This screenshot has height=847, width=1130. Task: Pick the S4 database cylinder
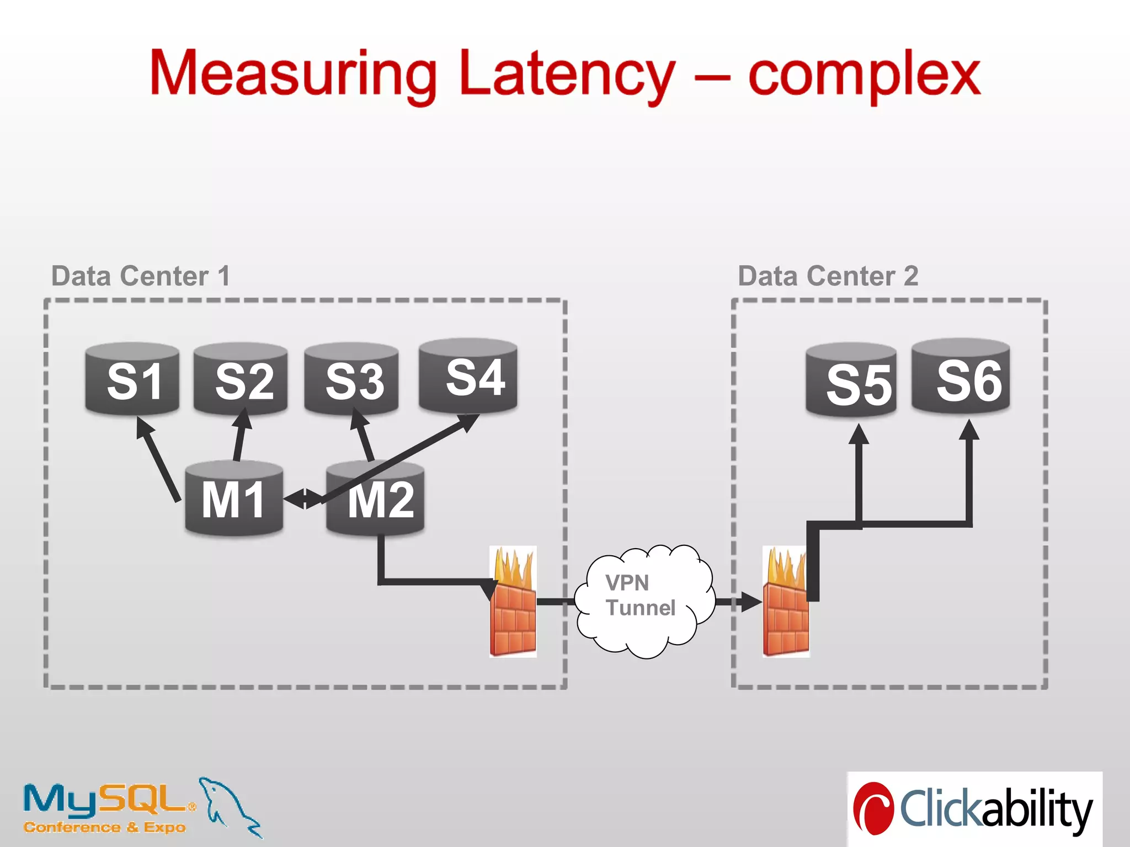point(468,376)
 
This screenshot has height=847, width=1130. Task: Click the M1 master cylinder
point(234,498)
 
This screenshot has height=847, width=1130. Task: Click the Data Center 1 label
point(140,276)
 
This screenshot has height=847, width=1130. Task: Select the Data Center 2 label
point(828,276)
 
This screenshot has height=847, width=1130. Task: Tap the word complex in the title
point(864,74)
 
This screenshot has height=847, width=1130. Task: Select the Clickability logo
point(974,808)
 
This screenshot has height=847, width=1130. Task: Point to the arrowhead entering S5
point(859,435)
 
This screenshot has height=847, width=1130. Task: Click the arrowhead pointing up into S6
point(969,430)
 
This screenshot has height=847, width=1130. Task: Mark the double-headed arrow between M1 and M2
point(304,498)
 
